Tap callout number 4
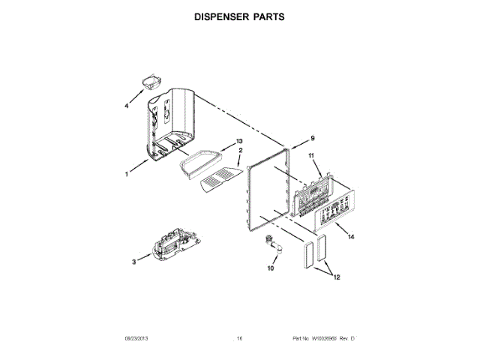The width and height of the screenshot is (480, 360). point(127,107)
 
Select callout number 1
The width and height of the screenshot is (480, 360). point(127,173)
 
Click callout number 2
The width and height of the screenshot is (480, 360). point(240,151)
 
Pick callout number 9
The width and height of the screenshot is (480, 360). point(313,138)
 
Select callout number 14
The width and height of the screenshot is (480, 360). point(351,236)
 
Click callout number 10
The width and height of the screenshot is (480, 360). point(271,268)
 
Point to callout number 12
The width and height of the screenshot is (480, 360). point(337,277)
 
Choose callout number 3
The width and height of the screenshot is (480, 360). point(133,262)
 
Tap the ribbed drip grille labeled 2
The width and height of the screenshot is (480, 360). point(222,180)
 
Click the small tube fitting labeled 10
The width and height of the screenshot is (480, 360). point(269,245)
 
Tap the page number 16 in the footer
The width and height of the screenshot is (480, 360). point(239,339)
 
